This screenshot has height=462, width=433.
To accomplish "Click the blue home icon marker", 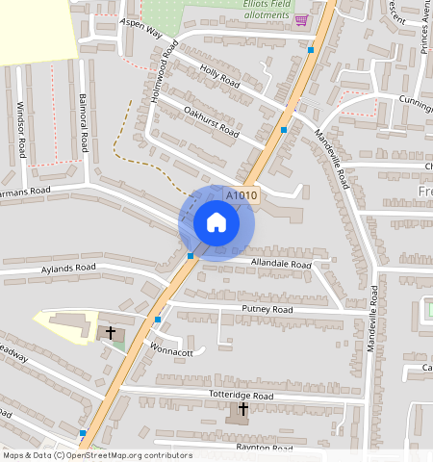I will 216,223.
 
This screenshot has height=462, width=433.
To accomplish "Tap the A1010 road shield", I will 242,195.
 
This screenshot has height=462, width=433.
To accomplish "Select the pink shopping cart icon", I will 301,19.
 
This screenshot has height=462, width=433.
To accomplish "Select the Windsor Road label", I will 20,133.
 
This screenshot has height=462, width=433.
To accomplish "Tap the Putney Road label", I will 267,310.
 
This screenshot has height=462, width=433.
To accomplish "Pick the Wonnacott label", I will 171,350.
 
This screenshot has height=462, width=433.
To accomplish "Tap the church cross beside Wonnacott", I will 111,332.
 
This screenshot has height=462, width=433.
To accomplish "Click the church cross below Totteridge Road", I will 242,410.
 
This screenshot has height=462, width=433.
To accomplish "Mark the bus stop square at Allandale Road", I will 191,256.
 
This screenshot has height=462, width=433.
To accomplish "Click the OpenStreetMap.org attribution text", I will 125,455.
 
